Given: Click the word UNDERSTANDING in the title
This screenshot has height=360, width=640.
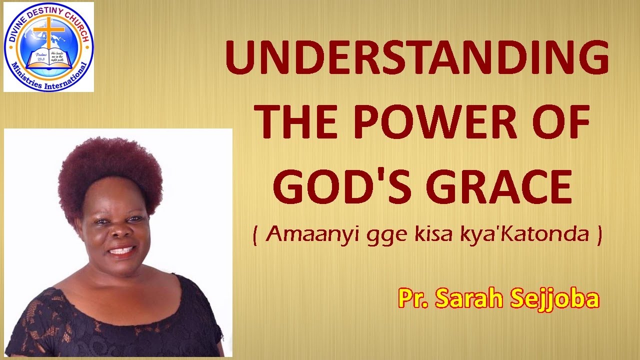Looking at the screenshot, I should [417, 59].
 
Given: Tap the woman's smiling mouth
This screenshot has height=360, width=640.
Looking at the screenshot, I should [121, 250].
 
